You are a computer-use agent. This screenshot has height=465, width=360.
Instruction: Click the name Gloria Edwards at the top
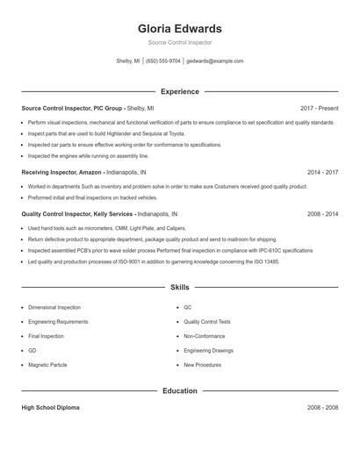(179, 28)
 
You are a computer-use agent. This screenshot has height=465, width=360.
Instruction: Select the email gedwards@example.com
(214, 61)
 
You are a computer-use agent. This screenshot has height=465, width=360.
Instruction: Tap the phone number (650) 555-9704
(163, 61)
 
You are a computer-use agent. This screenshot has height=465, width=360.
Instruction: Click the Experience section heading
(179, 91)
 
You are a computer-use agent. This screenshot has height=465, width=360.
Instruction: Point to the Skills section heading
(179, 287)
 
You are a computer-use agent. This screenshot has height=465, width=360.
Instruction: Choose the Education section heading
(179, 390)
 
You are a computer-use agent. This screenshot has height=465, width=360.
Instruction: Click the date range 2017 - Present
(319, 108)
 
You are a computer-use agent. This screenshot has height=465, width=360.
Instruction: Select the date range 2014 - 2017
(322, 173)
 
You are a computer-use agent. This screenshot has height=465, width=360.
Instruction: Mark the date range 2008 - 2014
(322, 213)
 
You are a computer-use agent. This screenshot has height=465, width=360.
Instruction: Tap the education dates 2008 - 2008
(322, 408)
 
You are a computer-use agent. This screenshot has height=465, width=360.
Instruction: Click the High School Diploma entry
(50, 408)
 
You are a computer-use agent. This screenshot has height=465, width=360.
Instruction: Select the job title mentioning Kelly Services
(77, 213)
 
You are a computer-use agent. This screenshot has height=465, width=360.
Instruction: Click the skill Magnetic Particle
(47, 364)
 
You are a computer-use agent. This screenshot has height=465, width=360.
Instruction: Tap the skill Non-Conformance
(205, 336)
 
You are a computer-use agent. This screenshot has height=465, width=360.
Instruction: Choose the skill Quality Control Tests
(207, 322)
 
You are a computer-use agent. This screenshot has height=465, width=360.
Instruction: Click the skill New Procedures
(202, 364)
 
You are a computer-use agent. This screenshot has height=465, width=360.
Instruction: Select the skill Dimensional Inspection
(54, 308)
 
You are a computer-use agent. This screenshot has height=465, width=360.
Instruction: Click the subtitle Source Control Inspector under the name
(179, 42)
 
